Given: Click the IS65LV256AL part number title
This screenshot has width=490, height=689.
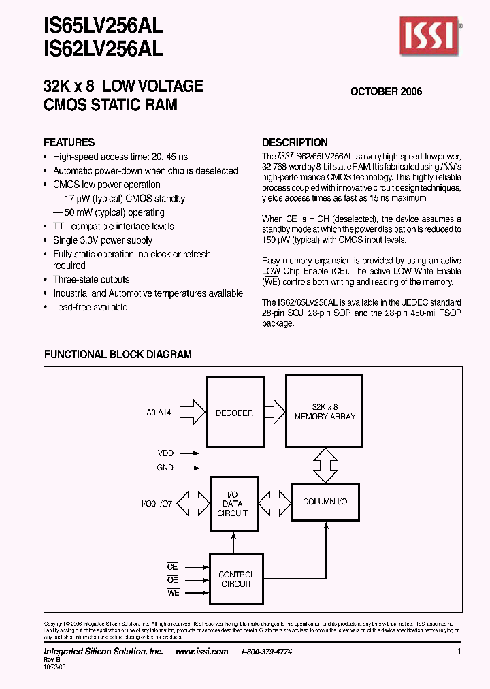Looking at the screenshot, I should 103,27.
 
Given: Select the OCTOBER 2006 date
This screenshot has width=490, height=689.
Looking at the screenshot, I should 386,91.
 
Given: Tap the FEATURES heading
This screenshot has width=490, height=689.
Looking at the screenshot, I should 69,142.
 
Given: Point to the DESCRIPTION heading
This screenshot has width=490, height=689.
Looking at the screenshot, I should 295,142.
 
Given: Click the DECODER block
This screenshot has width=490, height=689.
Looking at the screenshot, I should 234,413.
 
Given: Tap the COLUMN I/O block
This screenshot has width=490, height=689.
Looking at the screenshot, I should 325,502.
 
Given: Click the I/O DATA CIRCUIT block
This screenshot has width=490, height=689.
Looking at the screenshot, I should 233,504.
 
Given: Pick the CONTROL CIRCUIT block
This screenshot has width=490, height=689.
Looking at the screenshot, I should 236,579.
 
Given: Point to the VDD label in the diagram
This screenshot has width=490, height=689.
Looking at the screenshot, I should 165,452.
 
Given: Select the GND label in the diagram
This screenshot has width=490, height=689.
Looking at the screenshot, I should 165,468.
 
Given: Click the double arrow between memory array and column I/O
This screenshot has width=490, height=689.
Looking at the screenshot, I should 325,466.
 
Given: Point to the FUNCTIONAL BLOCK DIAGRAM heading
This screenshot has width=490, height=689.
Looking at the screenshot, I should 118,354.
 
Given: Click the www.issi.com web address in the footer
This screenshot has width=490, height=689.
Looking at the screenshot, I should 201,652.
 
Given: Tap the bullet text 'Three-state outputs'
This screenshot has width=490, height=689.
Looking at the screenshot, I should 91,280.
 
